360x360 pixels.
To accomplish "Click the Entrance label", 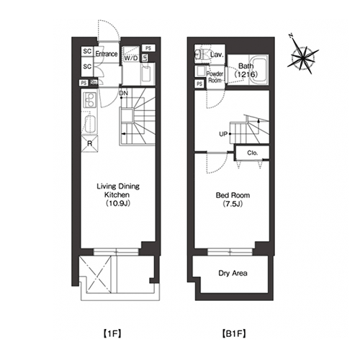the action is tap(107, 54).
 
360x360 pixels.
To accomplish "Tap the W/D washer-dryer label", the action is tap(131, 58).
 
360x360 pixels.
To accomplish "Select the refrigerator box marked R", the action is tap(90, 143).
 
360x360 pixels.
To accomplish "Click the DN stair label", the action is tap(124, 93).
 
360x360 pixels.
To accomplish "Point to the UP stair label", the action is tap(223, 134).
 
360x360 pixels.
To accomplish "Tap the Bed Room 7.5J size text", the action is tap(233, 204).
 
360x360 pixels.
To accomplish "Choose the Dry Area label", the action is tap(233, 273).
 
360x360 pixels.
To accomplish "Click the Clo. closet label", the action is tap(253, 153).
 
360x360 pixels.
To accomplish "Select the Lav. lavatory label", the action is tap(217, 55).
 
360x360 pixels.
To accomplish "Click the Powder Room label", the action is tap(215, 77).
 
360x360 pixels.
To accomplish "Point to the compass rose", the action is tap(302, 58).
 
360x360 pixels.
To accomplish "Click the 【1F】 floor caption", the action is tap(112, 333).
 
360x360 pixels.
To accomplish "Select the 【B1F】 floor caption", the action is tap(233, 333).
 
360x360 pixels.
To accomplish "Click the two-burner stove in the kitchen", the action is tap(89, 100).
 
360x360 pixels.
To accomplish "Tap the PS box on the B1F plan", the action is tap(199, 84).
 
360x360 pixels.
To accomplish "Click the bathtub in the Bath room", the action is tap(259, 70).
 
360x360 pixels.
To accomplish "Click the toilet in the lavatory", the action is tap(201, 55).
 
